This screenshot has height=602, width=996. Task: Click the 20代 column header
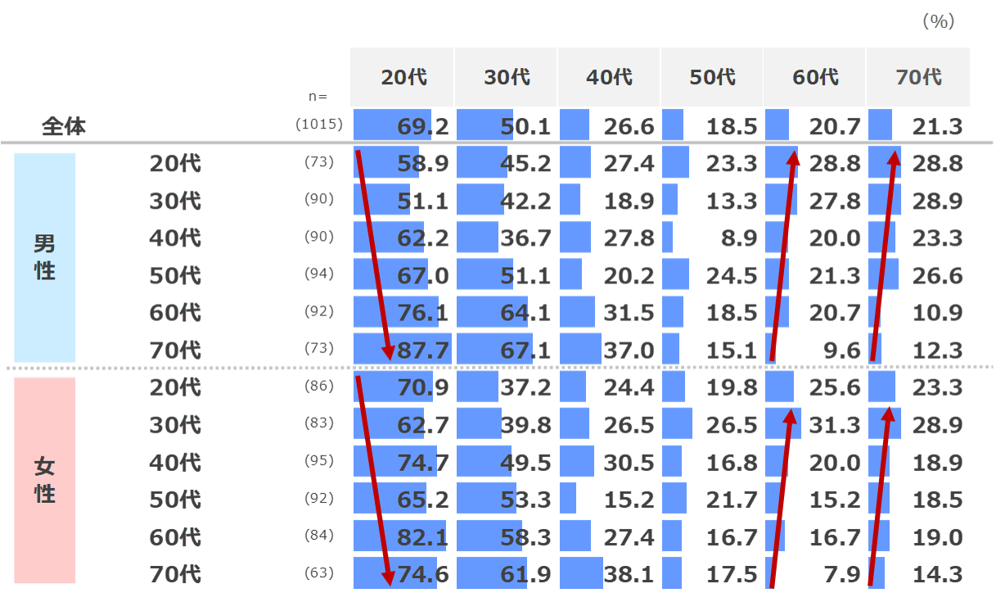coord(403,78)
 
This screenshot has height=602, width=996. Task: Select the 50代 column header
coord(712,78)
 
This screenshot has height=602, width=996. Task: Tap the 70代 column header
coord(918,78)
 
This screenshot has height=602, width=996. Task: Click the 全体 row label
coord(64,128)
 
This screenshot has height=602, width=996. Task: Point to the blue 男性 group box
coord(45,257)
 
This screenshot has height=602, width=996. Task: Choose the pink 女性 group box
coord(45,480)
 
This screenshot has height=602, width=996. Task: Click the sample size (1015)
coord(318,125)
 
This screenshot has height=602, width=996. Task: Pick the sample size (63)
coord(318,573)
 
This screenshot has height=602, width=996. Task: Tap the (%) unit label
coord(939,22)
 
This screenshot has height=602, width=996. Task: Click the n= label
coord(318,97)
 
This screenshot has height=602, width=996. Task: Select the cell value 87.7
coord(423,351)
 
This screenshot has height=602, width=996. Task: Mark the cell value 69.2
coord(423,127)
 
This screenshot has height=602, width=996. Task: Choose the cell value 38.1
coord(629,574)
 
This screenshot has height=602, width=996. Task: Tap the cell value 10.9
coord(938,313)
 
